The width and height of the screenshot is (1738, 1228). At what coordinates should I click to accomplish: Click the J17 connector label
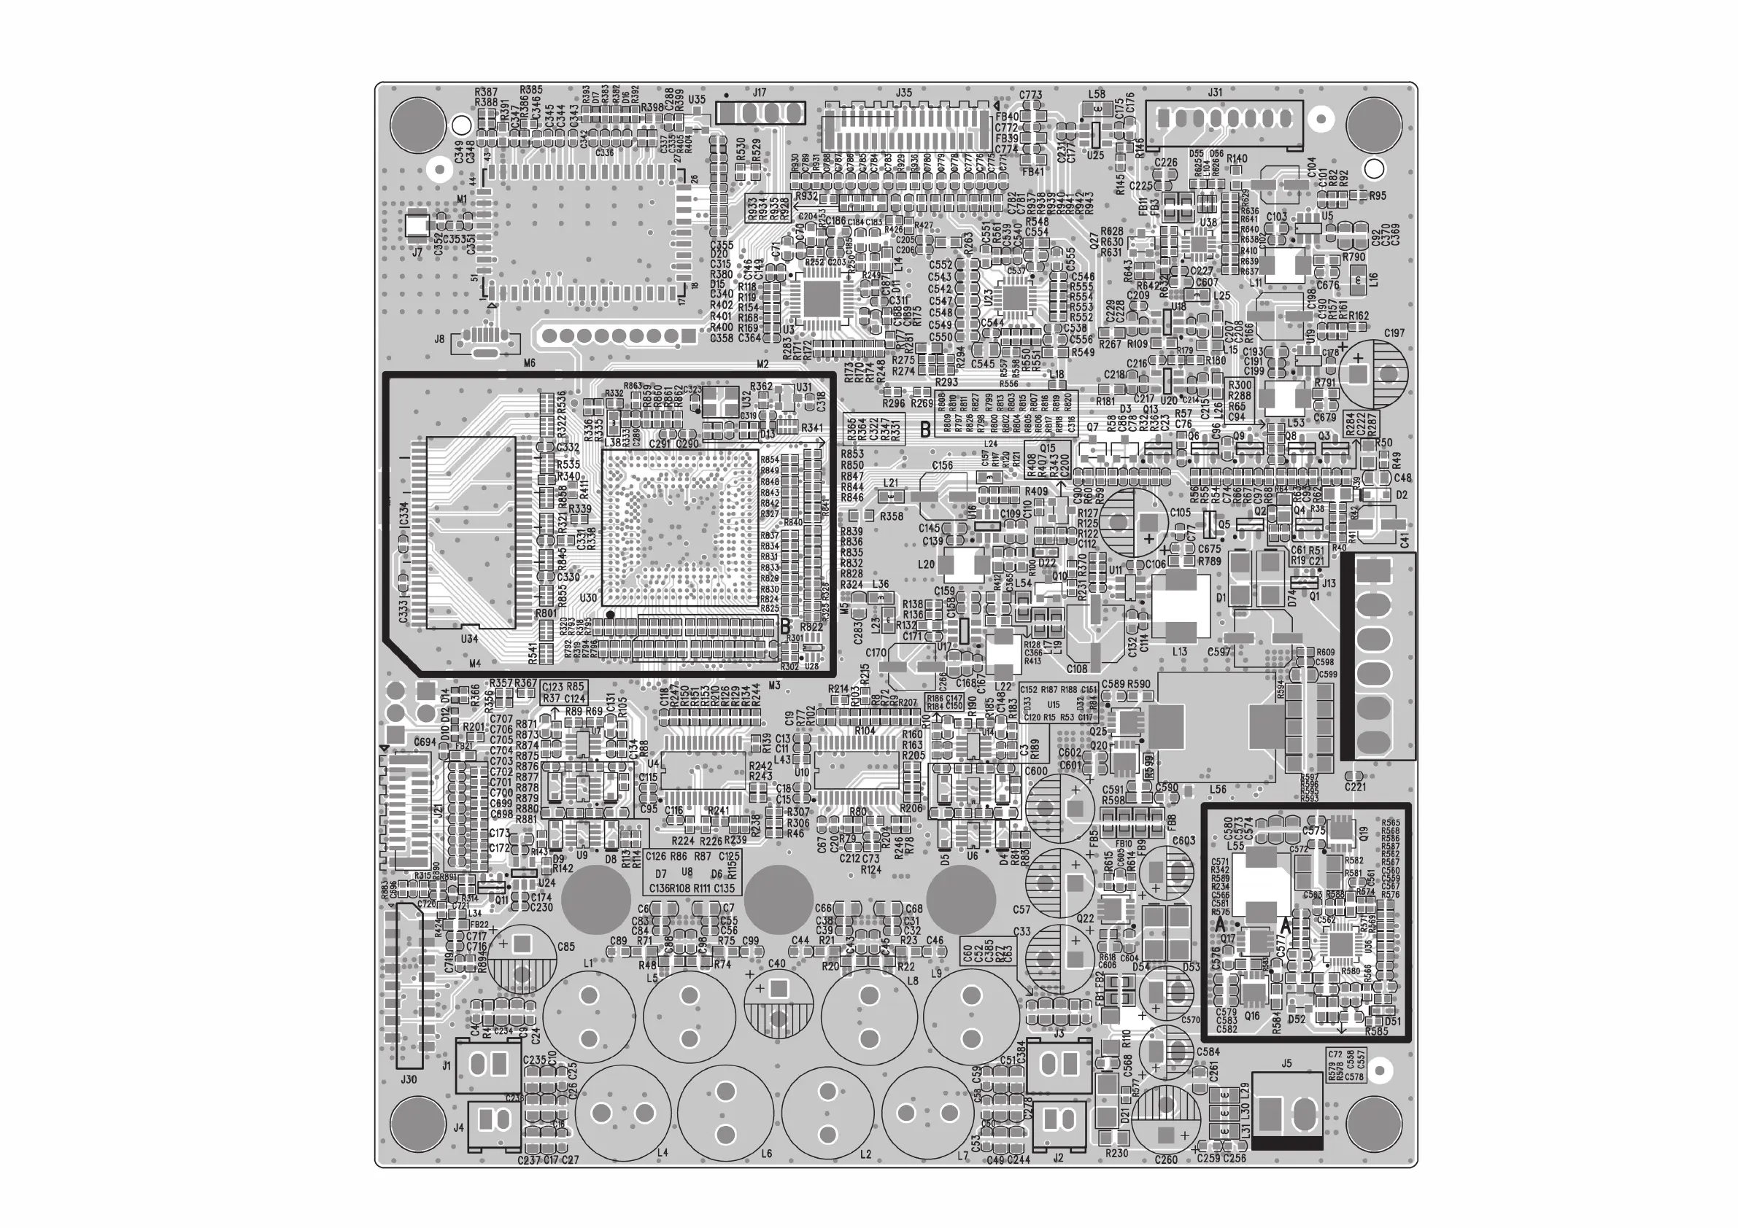760,93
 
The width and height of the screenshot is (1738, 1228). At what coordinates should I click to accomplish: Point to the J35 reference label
903,93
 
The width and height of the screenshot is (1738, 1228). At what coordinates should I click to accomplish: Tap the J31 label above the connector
1215,93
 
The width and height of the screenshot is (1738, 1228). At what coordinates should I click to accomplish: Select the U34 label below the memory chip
469,639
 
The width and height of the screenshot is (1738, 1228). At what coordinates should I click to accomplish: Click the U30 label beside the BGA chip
588,598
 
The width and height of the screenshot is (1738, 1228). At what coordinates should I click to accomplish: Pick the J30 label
409,1080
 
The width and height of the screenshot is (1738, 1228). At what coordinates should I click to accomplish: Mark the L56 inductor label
1218,790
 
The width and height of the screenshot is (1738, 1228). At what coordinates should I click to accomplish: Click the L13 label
1179,651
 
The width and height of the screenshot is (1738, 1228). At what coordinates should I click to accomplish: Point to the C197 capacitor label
1394,333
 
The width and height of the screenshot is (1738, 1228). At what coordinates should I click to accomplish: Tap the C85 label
565,947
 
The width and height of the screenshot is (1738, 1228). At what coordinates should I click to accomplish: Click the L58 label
1096,94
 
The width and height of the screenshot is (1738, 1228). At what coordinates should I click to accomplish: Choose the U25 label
1095,155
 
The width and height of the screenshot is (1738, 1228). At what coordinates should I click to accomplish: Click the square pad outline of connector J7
417,225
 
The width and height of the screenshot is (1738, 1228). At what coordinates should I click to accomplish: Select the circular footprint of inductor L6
725,1112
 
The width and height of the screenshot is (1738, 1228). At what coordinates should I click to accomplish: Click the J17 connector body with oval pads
760,114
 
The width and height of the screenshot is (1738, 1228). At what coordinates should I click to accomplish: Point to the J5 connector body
1288,1114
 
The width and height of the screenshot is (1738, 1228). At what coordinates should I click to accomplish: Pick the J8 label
439,340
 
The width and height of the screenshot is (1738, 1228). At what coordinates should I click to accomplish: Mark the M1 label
462,199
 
